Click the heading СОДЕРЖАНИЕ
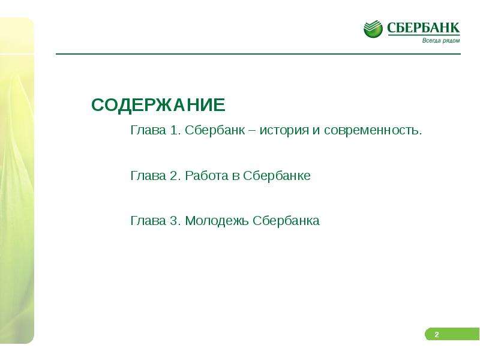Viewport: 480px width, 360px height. click(x=158, y=104)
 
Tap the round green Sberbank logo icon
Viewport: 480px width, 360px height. click(x=373, y=29)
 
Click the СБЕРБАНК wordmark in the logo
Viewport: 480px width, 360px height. click(x=424, y=28)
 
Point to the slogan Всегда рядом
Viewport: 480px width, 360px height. click(x=441, y=40)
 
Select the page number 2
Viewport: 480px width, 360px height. click(x=437, y=334)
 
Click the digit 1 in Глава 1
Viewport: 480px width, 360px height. click(x=174, y=130)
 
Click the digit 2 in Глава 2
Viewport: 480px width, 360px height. click(x=173, y=176)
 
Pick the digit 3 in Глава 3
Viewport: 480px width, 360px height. click(x=173, y=221)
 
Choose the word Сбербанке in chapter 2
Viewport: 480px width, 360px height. click(x=277, y=175)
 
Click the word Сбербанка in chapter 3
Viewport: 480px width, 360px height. click(x=286, y=220)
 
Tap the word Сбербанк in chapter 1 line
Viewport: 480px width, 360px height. click(x=215, y=130)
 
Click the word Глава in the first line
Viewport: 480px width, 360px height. click(x=148, y=130)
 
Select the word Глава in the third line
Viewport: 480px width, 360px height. click(x=148, y=220)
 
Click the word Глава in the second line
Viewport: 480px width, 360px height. click(x=148, y=175)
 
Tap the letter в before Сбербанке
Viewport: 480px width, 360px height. click(x=236, y=177)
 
